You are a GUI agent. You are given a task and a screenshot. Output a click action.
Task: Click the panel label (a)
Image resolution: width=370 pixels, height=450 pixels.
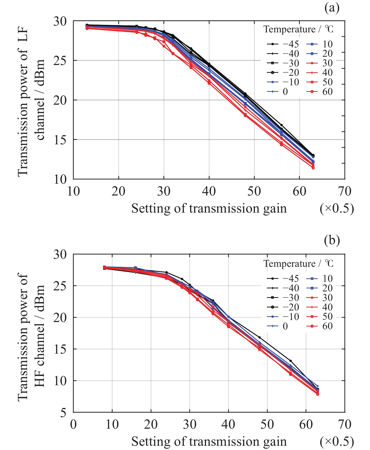tap(332, 8)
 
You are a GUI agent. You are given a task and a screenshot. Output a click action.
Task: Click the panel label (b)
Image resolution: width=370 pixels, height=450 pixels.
tap(332, 240)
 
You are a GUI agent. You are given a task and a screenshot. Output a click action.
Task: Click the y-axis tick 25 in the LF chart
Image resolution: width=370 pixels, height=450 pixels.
tap(60, 60)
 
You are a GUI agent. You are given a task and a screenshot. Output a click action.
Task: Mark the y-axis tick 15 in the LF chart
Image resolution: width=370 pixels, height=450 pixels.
tap(60, 140)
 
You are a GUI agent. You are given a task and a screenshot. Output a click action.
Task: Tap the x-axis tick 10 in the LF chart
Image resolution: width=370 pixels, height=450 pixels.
tap(73, 191)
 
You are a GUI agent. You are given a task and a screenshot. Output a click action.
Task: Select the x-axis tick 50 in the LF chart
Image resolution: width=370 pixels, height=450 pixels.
tap(254, 191)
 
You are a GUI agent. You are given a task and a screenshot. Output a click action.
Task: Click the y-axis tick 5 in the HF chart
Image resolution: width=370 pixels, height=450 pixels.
tap(63, 412)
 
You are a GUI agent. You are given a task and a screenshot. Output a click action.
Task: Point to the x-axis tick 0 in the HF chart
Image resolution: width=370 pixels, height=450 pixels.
tap(73, 424)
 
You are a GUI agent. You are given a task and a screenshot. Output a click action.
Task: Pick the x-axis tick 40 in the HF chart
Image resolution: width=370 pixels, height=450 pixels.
tap(228, 424)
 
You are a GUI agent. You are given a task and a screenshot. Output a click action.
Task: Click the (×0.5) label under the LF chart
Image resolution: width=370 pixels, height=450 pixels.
tap(337, 209)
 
